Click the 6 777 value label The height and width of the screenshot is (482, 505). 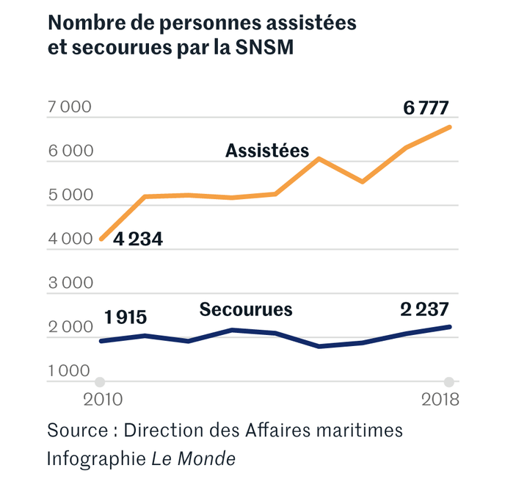[x=426, y=108]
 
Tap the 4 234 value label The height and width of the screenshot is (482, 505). [x=137, y=240]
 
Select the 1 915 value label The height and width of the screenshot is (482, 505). [x=126, y=317]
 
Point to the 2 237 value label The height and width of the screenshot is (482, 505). [x=424, y=309]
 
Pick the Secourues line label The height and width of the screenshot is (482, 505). [x=246, y=309]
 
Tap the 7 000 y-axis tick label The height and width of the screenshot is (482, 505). [x=70, y=107]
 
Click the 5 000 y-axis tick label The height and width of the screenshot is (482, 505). [x=70, y=195]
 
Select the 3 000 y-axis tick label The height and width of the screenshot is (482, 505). [x=70, y=284]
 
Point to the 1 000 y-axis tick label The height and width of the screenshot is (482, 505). [x=70, y=372]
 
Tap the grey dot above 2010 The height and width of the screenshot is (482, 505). [x=101, y=382]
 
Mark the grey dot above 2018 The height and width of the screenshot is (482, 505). [x=448, y=382]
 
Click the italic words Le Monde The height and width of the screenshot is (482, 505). [x=194, y=459]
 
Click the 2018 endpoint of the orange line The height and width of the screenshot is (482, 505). [x=448, y=128]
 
